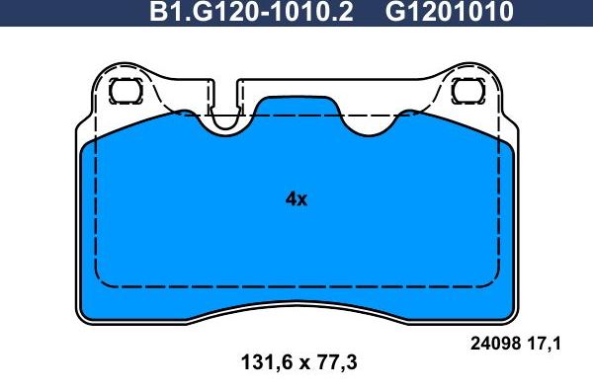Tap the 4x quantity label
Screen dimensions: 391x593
tap(296, 198)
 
